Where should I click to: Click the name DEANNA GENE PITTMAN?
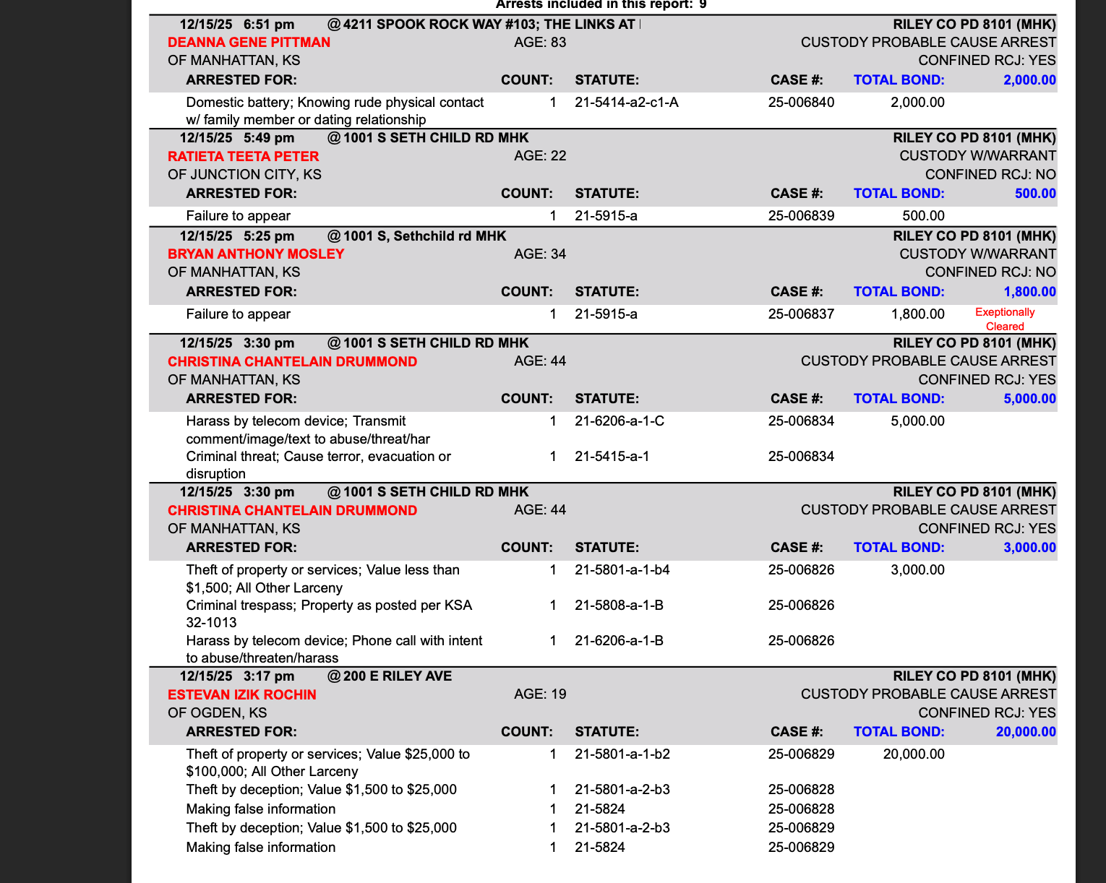[249, 43]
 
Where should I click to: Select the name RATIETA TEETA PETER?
[243, 157]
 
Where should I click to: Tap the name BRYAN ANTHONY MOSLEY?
[256, 254]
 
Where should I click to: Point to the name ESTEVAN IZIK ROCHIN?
[242, 695]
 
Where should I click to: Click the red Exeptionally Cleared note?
[1005, 319]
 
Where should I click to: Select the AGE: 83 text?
[540, 43]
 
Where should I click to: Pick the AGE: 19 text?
[540, 694]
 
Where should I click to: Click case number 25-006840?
[801, 103]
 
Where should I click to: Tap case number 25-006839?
[801, 216]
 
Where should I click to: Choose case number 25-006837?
[801, 314]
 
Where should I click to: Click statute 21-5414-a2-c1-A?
[627, 103]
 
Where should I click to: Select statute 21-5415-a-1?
[612, 457]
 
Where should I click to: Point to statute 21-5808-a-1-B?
[620, 606]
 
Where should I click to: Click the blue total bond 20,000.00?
[1026, 732]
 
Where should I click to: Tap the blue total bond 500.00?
[1035, 194]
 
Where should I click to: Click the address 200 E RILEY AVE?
[398, 676]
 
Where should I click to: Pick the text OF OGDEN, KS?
[218, 713]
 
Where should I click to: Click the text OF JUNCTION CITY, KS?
[245, 175]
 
